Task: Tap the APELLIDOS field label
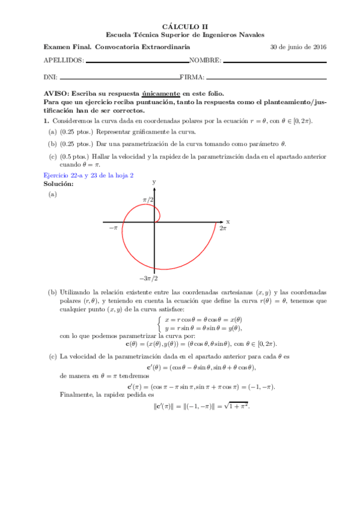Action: tap(64, 61)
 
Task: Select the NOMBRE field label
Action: tap(205, 61)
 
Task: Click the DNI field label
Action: tap(50, 77)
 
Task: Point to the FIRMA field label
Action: tap(192, 77)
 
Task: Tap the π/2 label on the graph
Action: tap(148, 199)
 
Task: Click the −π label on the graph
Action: tap(113, 229)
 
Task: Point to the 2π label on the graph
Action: tap(222, 229)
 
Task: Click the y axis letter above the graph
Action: tap(154, 181)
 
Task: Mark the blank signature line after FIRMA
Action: tap(266, 78)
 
